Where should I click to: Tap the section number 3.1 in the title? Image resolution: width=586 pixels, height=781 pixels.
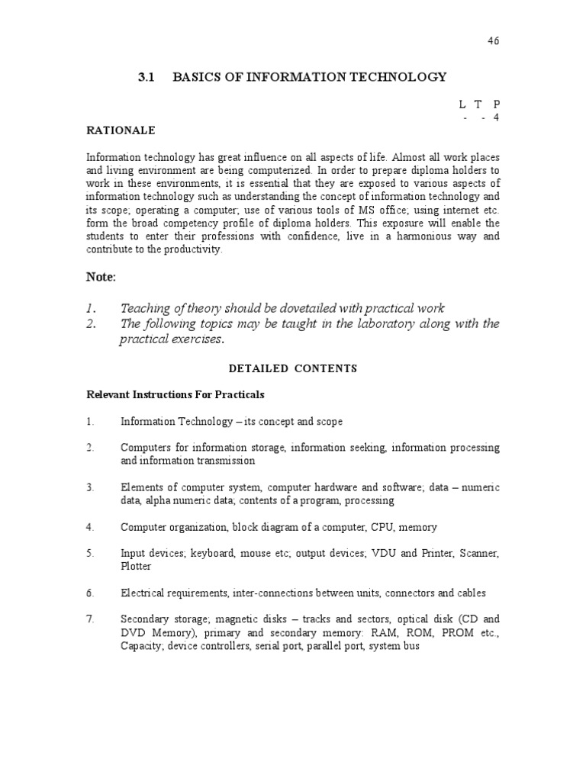pos(146,77)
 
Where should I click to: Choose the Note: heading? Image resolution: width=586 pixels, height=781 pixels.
pos(101,277)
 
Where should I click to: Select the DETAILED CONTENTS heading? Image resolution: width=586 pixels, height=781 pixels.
pos(293,368)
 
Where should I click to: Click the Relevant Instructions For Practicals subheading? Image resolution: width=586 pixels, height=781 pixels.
pos(175,395)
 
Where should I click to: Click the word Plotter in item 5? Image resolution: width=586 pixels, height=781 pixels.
pos(136,567)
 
